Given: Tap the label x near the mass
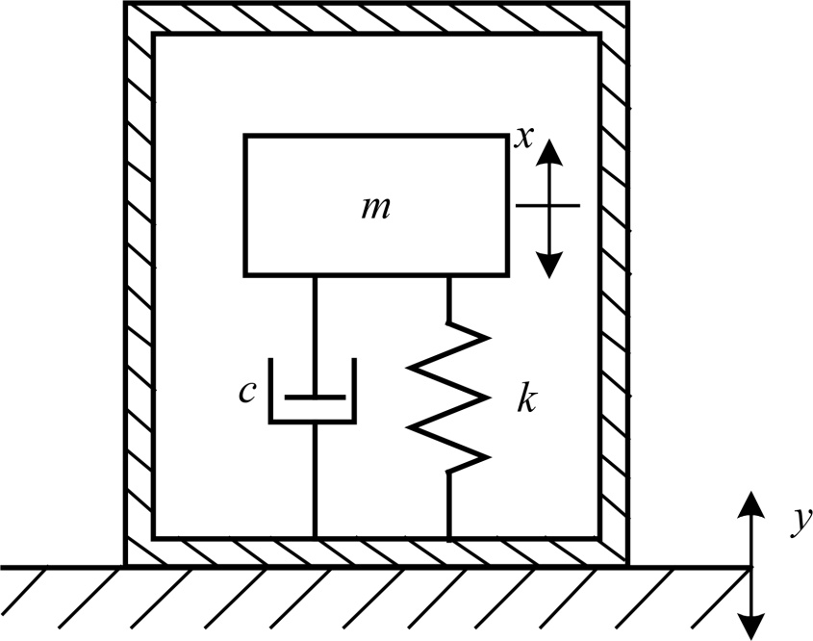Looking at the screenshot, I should tap(523, 138).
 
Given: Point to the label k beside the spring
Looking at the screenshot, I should tap(524, 399).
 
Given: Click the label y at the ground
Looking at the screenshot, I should tap(798, 521).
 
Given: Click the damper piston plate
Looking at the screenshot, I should tap(314, 396).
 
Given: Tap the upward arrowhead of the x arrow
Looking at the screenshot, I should tap(548, 151).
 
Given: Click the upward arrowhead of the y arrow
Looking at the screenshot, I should tap(751, 506).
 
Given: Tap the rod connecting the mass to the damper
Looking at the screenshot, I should tap(314, 332).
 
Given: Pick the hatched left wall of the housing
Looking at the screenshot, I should tap(140, 289).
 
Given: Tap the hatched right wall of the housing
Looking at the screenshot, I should tap(615, 289).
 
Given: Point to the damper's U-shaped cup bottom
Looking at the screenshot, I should tap(313, 421).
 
